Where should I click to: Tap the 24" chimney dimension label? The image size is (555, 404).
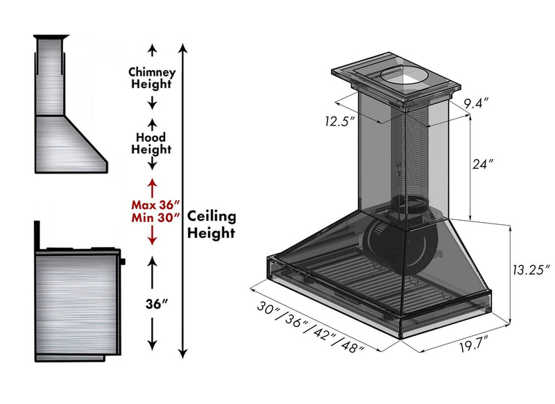click(x=483, y=165)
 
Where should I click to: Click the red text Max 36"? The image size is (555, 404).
click(x=156, y=205)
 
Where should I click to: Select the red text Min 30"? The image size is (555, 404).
click(x=156, y=218)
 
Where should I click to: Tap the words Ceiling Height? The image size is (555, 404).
click(x=212, y=224)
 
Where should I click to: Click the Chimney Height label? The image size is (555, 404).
click(x=153, y=78)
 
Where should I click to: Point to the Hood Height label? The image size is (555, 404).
click(x=152, y=143)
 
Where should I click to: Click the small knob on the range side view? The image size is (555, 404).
click(x=123, y=262)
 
